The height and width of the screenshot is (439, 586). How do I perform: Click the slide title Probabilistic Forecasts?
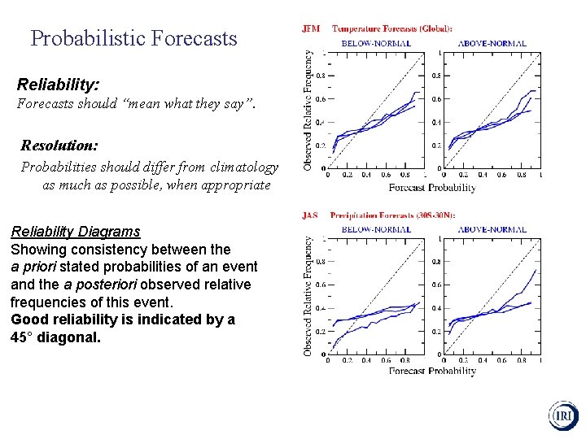(133, 38)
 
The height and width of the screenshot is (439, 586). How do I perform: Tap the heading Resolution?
(59, 146)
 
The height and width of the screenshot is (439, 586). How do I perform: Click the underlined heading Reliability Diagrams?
(75, 232)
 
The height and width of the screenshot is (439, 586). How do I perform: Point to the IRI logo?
(562, 415)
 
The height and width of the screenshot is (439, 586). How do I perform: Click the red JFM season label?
(311, 28)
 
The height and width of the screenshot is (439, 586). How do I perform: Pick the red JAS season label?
(310, 215)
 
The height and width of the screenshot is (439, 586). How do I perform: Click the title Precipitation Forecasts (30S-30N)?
(392, 215)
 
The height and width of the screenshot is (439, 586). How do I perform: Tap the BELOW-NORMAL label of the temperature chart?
(375, 43)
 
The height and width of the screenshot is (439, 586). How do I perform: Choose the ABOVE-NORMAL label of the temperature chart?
(492, 43)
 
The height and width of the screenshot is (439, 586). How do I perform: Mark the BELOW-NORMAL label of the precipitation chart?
(375, 229)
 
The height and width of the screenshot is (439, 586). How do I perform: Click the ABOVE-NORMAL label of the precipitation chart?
(492, 229)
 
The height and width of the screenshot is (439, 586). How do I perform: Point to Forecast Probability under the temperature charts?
(432, 188)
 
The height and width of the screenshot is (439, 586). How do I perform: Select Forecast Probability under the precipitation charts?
(432, 372)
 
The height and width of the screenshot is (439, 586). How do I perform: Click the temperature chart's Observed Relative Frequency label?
(308, 110)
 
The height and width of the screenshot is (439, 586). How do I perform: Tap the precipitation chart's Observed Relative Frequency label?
(308, 296)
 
